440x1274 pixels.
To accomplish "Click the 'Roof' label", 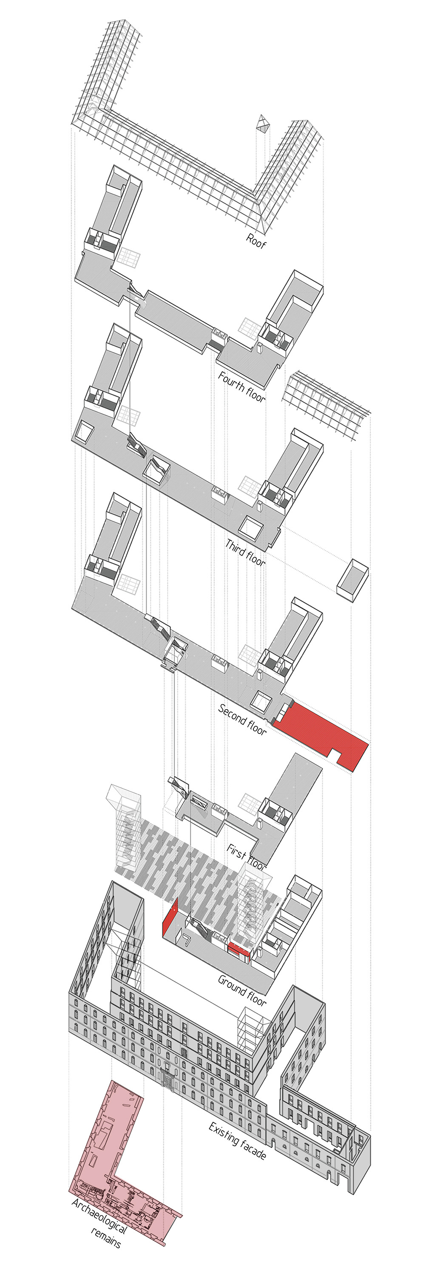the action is [x=256, y=241].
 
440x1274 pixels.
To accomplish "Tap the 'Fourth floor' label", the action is [x=241, y=387].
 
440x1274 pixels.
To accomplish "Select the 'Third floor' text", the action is [x=245, y=552].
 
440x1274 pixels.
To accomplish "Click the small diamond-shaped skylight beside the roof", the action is [x=262, y=124].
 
